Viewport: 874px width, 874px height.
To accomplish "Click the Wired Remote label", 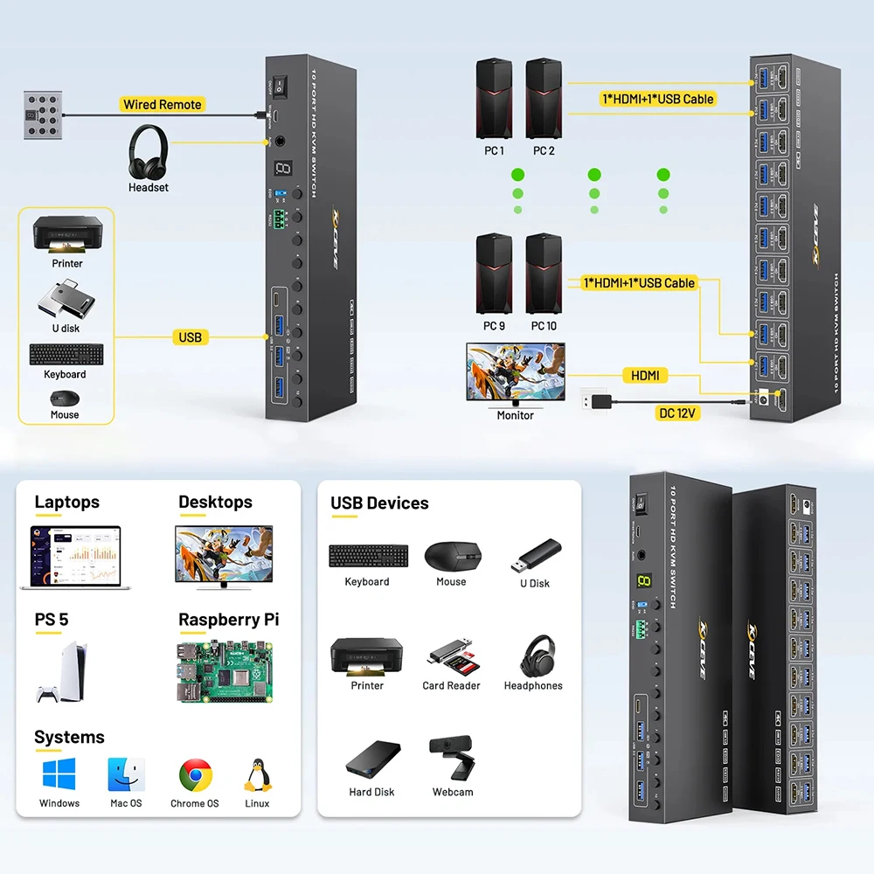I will point(163,105).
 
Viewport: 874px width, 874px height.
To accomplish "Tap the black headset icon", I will point(148,152).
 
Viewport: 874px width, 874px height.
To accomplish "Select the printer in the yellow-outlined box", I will point(67,234).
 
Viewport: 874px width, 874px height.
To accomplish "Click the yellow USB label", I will point(190,337).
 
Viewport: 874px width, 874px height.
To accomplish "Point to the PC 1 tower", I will point(494,99).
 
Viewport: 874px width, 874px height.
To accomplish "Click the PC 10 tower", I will point(543,274).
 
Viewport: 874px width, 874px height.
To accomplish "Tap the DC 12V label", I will point(678,413).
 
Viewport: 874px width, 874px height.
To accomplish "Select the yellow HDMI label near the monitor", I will point(645,376).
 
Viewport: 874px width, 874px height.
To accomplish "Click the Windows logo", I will point(59,774).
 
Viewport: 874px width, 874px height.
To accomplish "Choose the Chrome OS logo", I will point(195,774).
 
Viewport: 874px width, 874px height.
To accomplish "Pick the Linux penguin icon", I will point(257,774).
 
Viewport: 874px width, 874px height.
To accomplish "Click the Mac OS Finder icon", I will point(126,774).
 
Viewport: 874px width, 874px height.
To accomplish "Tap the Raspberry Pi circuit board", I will point(224,671).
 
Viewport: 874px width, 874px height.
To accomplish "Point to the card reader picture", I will point(451,655).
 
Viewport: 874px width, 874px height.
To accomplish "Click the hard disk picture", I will point(373,760).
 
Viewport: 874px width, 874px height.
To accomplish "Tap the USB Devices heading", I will point(379,503).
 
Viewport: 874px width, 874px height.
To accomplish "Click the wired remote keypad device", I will point(42,115).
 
